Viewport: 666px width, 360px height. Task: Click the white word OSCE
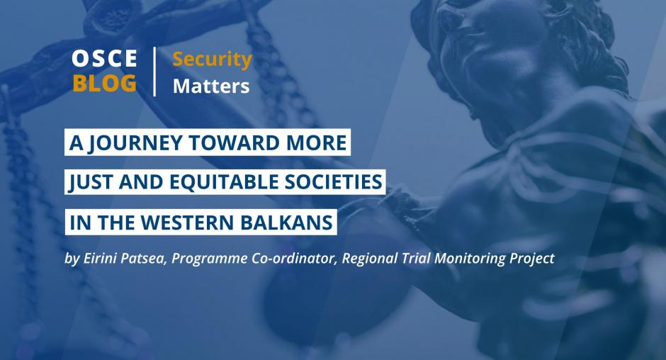pos(104,58)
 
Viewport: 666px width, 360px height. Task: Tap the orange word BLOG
pos(104,83)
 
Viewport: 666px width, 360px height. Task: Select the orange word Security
pos(212,60)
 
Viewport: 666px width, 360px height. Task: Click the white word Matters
pos(211,86)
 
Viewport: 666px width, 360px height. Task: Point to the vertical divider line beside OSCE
pos(154,72)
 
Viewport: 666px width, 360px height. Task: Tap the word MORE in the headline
pos(317,142)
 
